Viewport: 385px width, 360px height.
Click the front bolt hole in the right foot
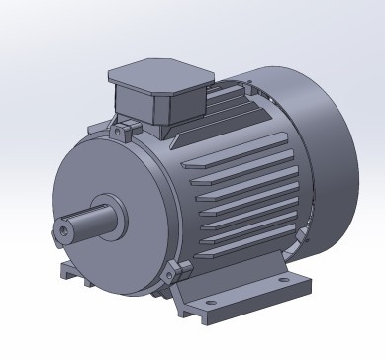[210, 308]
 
